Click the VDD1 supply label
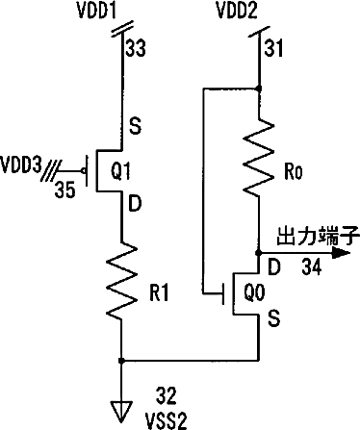coord(97,11)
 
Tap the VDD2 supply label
coord(237,11)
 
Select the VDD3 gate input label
coord(21,165)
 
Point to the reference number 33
coord(136,48)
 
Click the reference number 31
coord(273,48)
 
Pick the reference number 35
coord(64,190)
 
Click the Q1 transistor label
coord(121,171)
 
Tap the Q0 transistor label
coord(254,292)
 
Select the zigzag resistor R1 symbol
coord(121,281)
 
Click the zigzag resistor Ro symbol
coord(259,158)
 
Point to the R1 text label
coord(159,292)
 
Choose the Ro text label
coord(294,172)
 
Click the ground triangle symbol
coord(121,411)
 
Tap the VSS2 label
coord(166,421)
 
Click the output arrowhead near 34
coord(340,253)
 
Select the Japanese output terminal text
coord(318,236)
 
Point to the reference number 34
coord(312,266)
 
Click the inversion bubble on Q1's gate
coord(84,171)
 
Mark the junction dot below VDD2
coord(259,89)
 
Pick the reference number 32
coord(166,395)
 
